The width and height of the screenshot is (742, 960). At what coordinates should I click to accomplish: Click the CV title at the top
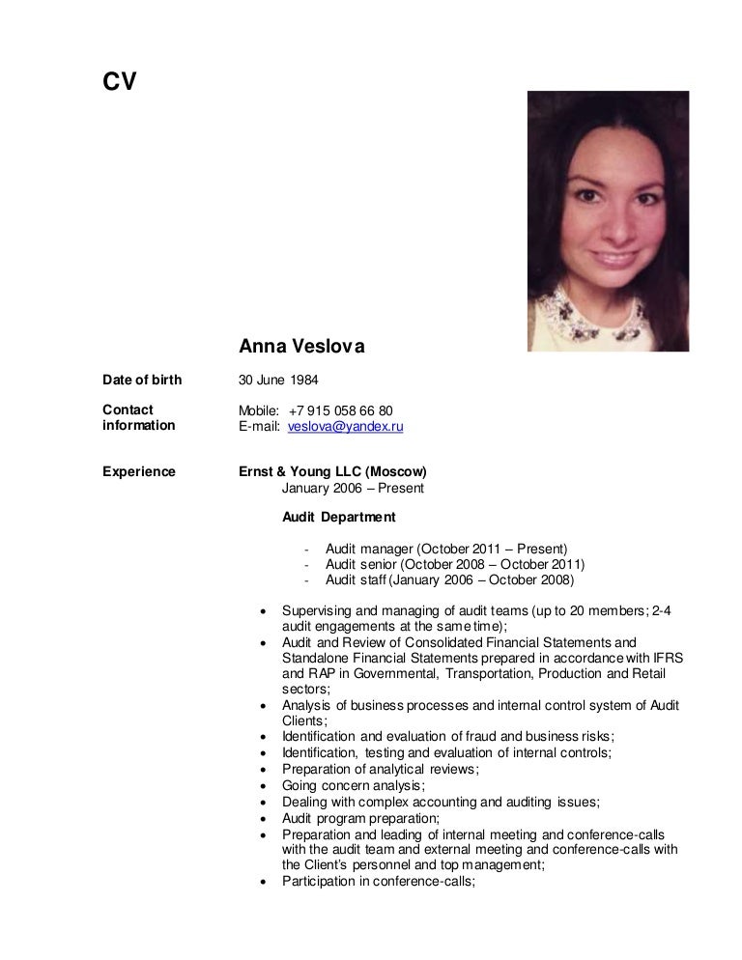[120, 83]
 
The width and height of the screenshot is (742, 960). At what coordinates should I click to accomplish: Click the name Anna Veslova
[300, 345]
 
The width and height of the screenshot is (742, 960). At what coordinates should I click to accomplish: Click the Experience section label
[139, 471]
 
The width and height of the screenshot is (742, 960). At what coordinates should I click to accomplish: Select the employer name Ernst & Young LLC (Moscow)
[333, 471]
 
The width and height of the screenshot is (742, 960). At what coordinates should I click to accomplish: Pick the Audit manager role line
[446, 549]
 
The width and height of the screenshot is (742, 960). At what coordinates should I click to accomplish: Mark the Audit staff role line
[449, 579]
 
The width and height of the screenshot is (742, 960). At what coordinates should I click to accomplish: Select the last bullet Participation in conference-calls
[379, 881]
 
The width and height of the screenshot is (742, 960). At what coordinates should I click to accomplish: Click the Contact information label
[139, 417]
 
